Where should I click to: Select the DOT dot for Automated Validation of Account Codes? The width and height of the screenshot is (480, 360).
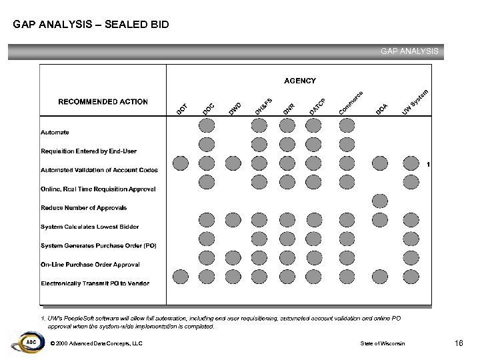tap(180, 163)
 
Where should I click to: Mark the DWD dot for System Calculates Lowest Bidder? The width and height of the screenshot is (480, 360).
tap(233, 219)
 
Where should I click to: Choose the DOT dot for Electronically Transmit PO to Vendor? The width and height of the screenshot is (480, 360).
tap(180, 276)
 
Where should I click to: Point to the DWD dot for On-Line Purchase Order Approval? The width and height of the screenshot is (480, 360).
tap(233, 257)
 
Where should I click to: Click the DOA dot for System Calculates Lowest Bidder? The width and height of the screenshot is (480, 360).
tap(380, 219)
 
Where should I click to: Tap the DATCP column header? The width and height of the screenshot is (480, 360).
tap(316, 105)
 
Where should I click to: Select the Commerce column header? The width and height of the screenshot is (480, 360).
tap(351, 101)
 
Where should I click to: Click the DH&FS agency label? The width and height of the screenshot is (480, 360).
tap(263, 105)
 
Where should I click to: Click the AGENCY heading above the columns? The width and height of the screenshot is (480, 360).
tap(300, 81)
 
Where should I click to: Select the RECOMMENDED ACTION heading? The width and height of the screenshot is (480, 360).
tap(103, 102)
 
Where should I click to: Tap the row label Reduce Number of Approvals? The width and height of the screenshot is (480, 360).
tap(83, 208)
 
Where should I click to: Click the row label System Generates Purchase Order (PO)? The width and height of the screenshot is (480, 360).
tap(99, 245)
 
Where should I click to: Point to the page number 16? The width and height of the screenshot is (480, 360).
tap(459, 343)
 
